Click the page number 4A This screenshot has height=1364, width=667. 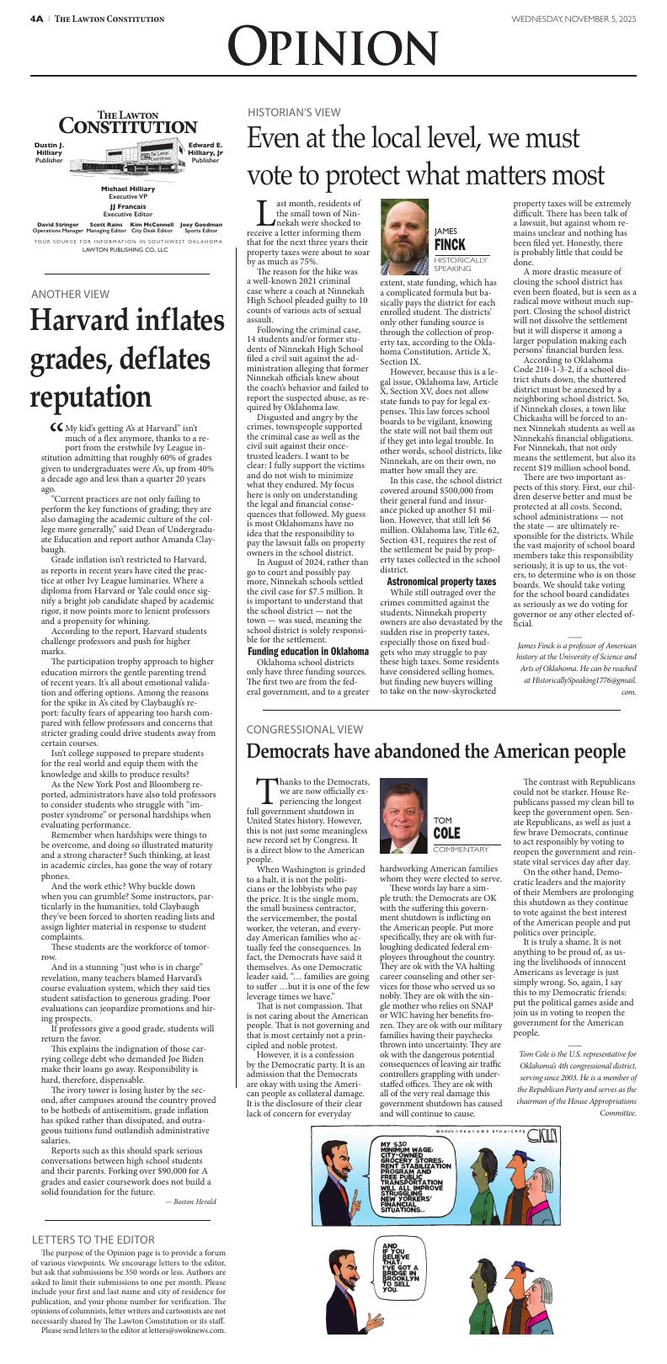[36, 19]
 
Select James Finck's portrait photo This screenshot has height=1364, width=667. [404, 237]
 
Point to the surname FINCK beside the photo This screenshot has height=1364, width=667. [451, 245]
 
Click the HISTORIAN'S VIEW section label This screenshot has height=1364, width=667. [294, 112]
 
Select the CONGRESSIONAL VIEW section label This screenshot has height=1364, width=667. [305, 729]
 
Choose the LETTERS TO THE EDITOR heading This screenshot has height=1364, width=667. [93, 1239]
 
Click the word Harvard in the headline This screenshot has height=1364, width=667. [79, 322]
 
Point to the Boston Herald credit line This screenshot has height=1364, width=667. [190, 1201]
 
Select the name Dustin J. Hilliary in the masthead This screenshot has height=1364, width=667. [49, 148]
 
